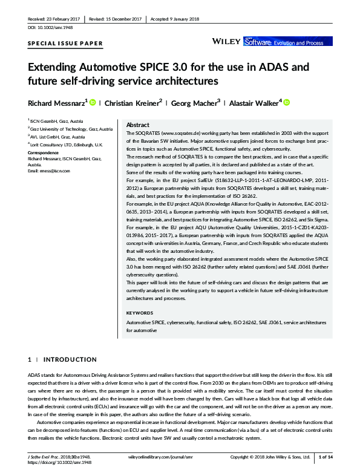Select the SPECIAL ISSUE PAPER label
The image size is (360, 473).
click(65, 44)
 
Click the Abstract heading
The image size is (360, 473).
click(137, 123)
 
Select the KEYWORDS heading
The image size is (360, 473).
click(141, 313)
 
